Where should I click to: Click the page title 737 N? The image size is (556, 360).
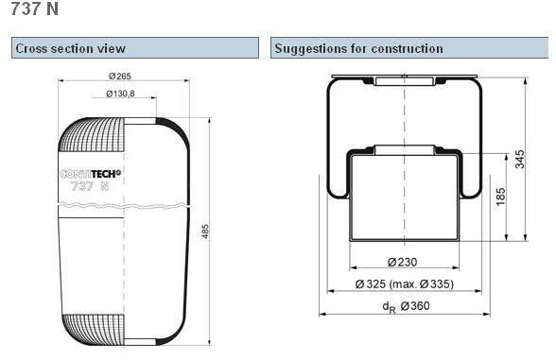[x=34, y=9]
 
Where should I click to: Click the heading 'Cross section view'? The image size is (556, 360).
[x=70, y=48]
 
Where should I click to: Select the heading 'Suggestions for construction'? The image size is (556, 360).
[x=358, y=48]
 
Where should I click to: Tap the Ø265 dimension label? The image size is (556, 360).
[x=120, y=77]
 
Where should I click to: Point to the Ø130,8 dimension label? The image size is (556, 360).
[x=120, y=94]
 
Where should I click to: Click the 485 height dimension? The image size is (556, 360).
[x=205, y=231]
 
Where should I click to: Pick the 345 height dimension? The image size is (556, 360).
[x=519, y=159]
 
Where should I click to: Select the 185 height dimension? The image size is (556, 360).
[x=500, y=197]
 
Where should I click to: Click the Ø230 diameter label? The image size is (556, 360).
[x=403, y=263]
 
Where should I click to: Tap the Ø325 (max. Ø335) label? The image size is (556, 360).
[x=405, y=284]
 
